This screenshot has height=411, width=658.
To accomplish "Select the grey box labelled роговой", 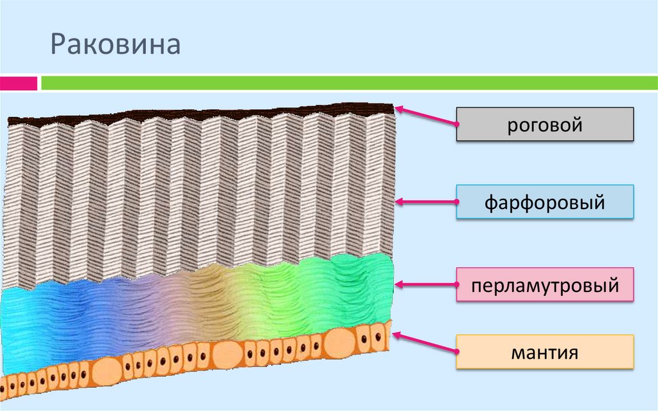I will (x=545, y=124).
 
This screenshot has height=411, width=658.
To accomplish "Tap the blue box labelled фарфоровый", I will (x=545, y=203).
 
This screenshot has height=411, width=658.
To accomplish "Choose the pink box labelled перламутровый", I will (x=545, y=285).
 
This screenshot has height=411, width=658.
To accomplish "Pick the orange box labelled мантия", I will (x=545, y=352).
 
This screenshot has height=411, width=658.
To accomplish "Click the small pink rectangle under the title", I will (x=19, y=83).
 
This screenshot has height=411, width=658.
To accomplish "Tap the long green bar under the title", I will (x=347, y=83).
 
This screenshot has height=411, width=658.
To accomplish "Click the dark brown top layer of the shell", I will (x=193, y=114).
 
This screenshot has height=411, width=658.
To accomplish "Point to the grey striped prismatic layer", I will (x=193, y=193).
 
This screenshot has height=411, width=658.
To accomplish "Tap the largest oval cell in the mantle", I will (x=342, y=342).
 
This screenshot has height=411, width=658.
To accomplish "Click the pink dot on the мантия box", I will (x=457, y=352).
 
